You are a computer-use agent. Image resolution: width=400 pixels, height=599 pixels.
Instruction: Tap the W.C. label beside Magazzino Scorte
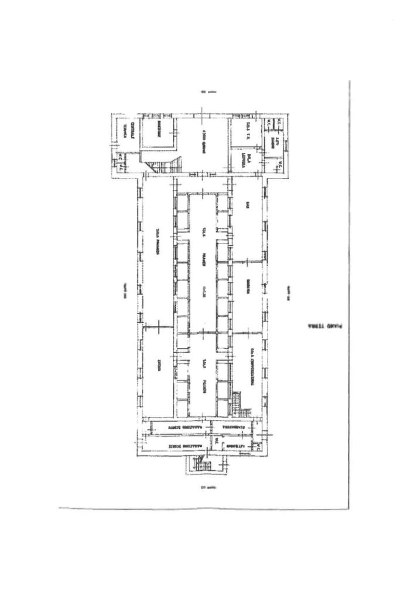click(x=216, y=441)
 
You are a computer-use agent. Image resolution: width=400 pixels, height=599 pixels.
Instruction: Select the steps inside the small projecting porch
click(x=203, y=465)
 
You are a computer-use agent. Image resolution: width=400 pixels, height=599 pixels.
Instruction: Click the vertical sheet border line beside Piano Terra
click(x=349, y=293)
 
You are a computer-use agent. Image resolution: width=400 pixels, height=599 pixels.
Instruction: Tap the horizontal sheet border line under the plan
click(x=205, y=507)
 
